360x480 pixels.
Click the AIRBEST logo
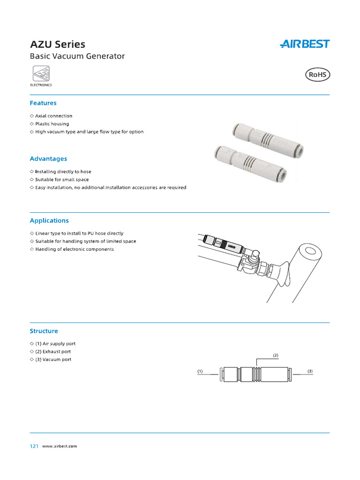(305, 44)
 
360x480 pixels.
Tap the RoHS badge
(317, 75)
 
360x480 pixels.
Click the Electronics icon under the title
(41, 74)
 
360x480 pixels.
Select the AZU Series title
(58, 45)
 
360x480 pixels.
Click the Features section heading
(43, 103)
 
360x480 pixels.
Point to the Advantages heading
(48, 159)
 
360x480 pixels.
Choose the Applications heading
(49, 220)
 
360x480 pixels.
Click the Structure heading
(44, 331)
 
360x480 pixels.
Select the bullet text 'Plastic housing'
(52, 124)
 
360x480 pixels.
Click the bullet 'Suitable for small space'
(62, 180)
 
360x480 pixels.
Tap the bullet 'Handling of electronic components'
(75, 249)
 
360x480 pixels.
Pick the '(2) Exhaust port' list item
(53, 352)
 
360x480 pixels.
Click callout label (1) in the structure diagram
(200, 371)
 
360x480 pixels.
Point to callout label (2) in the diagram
(276, 355)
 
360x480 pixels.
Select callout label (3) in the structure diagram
(310, 371)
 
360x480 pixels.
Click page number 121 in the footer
(34, 446)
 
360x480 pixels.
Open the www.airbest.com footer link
(60, 446)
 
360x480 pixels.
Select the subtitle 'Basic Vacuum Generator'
(77, 56)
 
